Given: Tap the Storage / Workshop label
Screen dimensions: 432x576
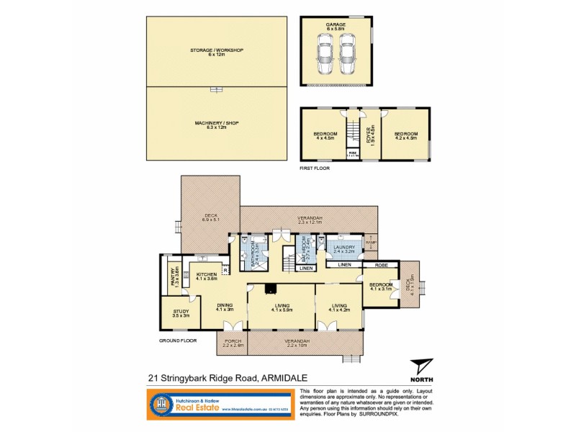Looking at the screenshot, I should (x=217, y=52).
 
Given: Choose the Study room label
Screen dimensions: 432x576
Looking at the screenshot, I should (x=181, y=313).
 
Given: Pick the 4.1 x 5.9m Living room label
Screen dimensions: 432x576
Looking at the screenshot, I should (x=282, y=308).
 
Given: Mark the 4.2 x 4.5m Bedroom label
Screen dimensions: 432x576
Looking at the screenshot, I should (x=406, y=135).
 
